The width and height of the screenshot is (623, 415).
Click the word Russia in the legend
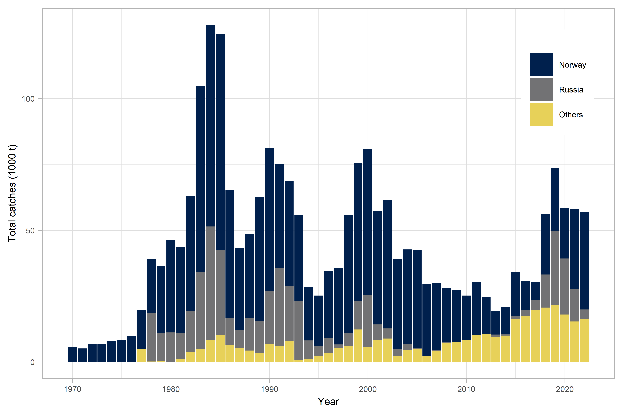571,90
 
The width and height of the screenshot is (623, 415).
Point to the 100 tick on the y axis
28,99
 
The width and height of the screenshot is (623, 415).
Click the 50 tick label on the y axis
30,230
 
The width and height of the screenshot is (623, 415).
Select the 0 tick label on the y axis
32,362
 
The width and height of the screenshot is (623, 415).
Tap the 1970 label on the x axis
72,389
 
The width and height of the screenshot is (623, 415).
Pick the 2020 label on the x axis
564,389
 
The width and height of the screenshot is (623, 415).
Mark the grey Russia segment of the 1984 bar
210,283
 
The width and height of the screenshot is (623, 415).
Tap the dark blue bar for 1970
72,355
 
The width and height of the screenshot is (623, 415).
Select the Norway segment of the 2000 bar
368,222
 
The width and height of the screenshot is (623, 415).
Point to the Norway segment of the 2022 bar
584,261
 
